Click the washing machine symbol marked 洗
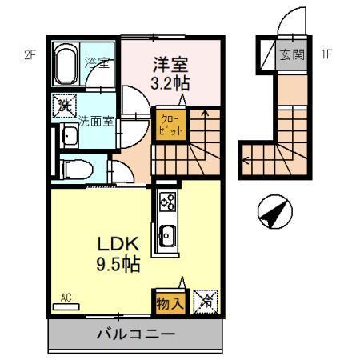pyautogui.click(x=63, y=106)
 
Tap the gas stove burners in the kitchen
pyautogui.click(x=168, y=203)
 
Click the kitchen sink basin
pyautogui.click(x=169, y=237)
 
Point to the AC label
pyautogui.click(x=66, y=298)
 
